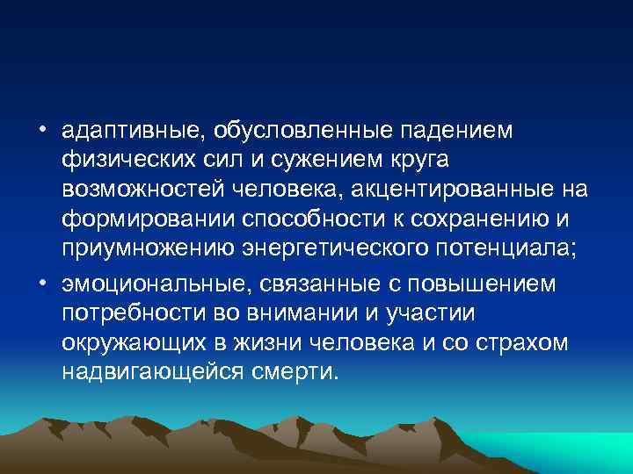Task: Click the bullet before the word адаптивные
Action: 41,130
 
